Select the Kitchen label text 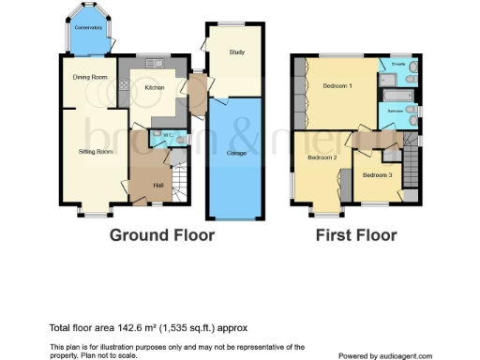[x=155, y=89]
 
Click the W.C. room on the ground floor [x=169, y=139]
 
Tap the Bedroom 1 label [x=337, y=85]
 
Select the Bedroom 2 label [x=322, y=157]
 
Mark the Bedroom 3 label [x=377, y=175]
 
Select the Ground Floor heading [x=162, y=235]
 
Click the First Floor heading [x=355, y=235]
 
